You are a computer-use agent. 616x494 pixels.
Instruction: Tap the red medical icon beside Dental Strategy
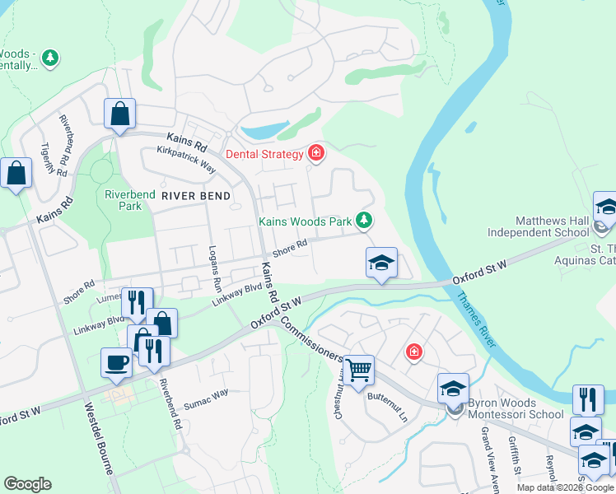[315, 153]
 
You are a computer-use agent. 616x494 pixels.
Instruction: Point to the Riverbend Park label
[124, 200]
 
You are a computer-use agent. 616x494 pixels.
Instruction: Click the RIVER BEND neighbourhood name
[196, 195]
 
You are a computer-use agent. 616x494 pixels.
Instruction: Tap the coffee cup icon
[115, 362]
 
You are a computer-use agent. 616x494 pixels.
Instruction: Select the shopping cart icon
[358, 370]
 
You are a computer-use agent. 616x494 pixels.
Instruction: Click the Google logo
[27, 484]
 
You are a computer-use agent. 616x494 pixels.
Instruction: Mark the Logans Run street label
[216, 266]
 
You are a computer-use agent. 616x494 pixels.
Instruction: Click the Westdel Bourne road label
[99, 436]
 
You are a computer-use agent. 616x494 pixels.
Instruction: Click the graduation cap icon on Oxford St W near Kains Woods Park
[381, 263]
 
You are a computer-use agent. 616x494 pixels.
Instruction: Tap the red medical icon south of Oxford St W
[413, 352]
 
